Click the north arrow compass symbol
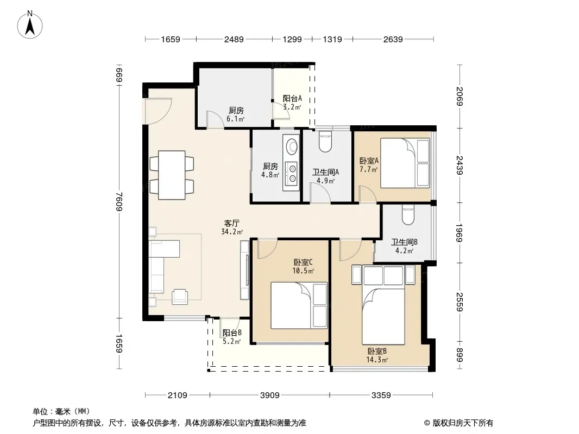[x=30, y=25]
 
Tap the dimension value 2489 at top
[x=234, y=40]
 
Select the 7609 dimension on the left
[x=119, y=201]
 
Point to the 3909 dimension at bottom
[x=269, y=395]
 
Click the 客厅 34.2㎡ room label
[x=232, y=227]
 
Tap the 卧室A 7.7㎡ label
[x=369, y=165]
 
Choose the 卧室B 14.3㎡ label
[x=377, y=355]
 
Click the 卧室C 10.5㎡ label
[x=303, y=266]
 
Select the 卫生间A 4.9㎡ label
[x=326, y=176]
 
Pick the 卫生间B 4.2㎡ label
[x=404, y=246]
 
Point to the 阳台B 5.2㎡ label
[x=232, y=337]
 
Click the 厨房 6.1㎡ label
[x=236, y=114]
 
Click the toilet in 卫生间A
[x=325, y=142]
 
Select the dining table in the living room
[x=172, y=175]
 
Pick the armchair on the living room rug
[x=180, y=296]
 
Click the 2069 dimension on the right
[x=460, y=96]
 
